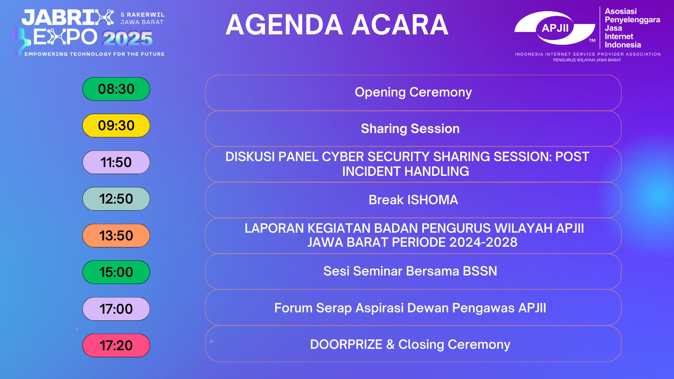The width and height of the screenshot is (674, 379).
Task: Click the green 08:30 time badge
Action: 116,89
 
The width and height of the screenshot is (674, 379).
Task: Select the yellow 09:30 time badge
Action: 116,126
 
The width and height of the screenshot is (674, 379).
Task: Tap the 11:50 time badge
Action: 116,162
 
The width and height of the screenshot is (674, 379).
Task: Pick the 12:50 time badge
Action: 116,199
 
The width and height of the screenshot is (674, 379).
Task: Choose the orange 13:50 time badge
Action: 116,235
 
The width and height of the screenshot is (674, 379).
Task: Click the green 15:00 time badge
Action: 116,272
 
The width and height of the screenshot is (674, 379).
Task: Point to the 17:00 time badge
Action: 116,309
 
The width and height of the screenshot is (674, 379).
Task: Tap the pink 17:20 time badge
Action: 116,346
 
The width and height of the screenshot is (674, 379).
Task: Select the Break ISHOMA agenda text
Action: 413,200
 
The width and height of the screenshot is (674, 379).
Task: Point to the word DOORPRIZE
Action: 346,344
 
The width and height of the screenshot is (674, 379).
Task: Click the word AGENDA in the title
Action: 284,25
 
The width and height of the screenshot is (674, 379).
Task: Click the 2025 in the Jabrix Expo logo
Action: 127,38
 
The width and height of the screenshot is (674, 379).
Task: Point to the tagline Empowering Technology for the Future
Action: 94,54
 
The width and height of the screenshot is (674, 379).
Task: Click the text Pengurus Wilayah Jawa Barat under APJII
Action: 587,60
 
